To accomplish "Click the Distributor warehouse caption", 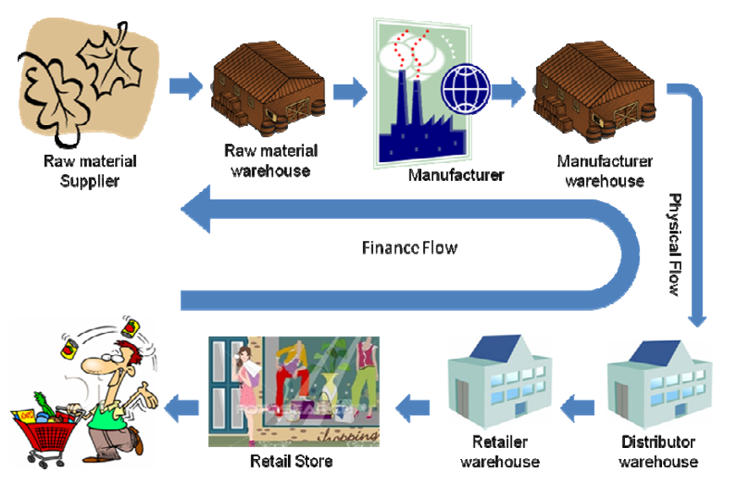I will point(658,452).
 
